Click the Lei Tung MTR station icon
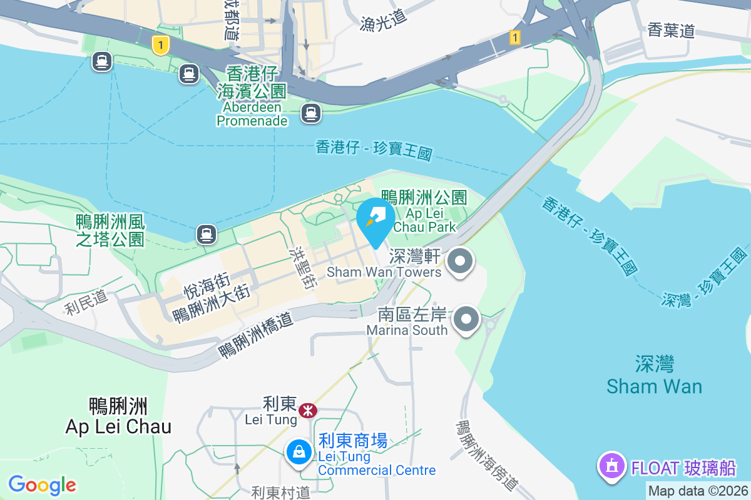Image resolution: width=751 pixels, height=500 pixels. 307,411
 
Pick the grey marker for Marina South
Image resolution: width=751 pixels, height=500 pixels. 466,320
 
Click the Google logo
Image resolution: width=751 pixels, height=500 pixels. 42,485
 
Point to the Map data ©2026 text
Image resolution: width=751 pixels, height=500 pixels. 697,491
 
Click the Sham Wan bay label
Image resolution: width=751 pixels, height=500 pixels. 654,375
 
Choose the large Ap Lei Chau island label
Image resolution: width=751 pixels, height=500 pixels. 118,416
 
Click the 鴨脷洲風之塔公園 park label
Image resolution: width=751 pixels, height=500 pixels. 110,230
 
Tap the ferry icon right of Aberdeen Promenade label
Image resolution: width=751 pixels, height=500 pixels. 310,113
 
